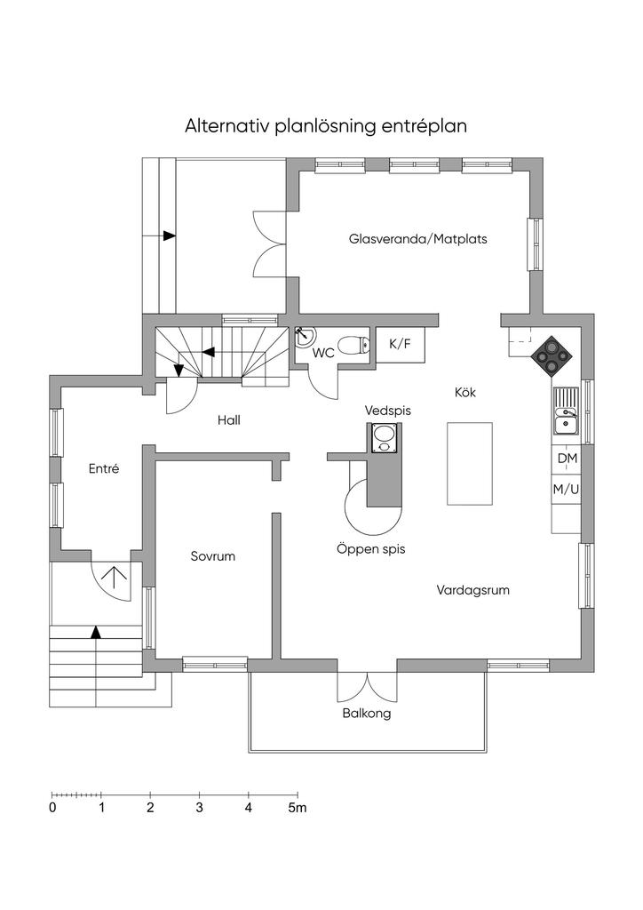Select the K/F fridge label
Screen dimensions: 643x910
tap(400, 344)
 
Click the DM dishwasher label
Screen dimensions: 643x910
tap(568, 459)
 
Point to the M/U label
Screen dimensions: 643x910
tap(566, 490)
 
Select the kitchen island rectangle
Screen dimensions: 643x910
tap(470, 464)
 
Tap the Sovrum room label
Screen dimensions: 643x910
tap(213, 556)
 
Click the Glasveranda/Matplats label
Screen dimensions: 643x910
tap(418, 238)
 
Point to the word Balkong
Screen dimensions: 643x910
tap(367, 714)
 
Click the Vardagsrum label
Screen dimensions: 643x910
tap(472, 590)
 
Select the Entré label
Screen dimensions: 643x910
tap(104, 468)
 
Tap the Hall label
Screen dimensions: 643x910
tap(229, 419)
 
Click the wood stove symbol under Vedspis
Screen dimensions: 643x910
tap(384, 437)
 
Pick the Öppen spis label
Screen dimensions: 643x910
tap(371, 548)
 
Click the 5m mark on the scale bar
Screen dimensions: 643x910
tap(298, 807)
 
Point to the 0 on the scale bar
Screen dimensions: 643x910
tap(52, 807)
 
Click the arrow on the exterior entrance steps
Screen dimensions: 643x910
tap(96, 633)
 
